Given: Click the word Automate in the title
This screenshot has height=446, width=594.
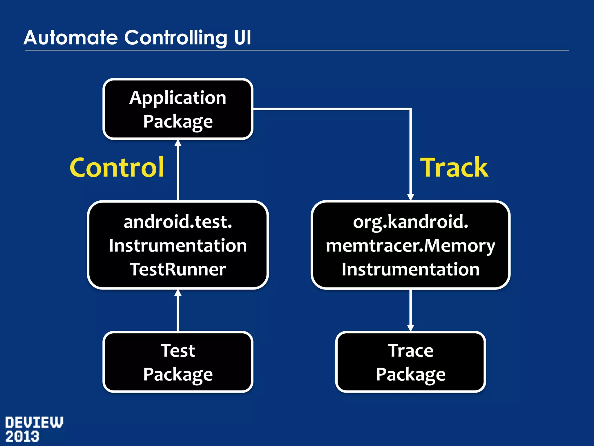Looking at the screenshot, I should pyautogui.click(x=70, y=38).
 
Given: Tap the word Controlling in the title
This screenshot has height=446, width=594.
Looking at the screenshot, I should pyautogui.click(x=176, y=38).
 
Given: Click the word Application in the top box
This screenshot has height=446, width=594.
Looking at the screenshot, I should pyautogui.click(x=178, y=98).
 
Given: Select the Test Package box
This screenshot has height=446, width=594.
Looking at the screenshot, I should pyautogui.click(x=178, y=362).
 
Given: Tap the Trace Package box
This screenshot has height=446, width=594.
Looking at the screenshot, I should pyautogui.click(x=410, y=362).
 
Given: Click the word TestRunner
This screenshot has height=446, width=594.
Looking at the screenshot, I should pyautogui.click(x=178, y=269).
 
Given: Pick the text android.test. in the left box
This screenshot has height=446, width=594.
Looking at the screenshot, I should pyautogui.click(x=178, y=222).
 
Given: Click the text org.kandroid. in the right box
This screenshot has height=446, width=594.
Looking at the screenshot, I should pyautogui.click(x=410, y=222).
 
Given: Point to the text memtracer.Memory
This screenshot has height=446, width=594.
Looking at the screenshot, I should pyautogui.click(x=410, y=246).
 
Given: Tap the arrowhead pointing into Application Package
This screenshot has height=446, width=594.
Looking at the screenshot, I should pyautogui.click(x=178, y=143).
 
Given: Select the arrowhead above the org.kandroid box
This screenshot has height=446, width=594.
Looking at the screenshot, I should pyautogui.click(x=410, y=197).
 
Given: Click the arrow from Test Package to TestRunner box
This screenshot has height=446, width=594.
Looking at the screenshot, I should pyautogui.click(x=178, y=311).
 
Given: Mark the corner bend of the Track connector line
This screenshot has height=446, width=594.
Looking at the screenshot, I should pyautogui.click(x=410, y=109).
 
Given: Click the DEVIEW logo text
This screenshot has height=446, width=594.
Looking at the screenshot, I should pyautogui.click(x=34, y=422).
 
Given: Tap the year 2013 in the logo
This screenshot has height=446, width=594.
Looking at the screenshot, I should pyautogui.click(x=22, y=436).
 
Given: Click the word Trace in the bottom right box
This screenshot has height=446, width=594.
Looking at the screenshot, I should pyautogui.click(x=410, y=350).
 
